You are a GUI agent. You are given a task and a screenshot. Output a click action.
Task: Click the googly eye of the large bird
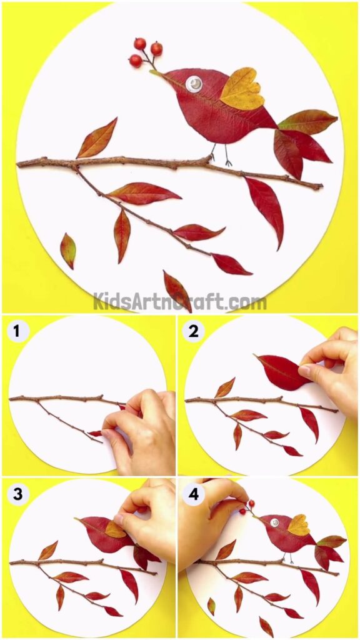click(194, 84)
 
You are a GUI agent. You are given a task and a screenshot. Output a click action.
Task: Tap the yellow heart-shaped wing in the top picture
click(241, 90)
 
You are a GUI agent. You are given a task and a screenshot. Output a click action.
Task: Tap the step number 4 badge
click(193, 494)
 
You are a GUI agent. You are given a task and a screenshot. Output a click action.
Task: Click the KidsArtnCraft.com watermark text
click(180, 302)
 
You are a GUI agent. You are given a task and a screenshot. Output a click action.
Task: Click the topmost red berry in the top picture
click(140, 43)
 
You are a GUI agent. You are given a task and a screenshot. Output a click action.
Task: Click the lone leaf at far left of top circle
click(67, 250)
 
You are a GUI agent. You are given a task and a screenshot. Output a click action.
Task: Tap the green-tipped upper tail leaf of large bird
click(307, 121)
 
